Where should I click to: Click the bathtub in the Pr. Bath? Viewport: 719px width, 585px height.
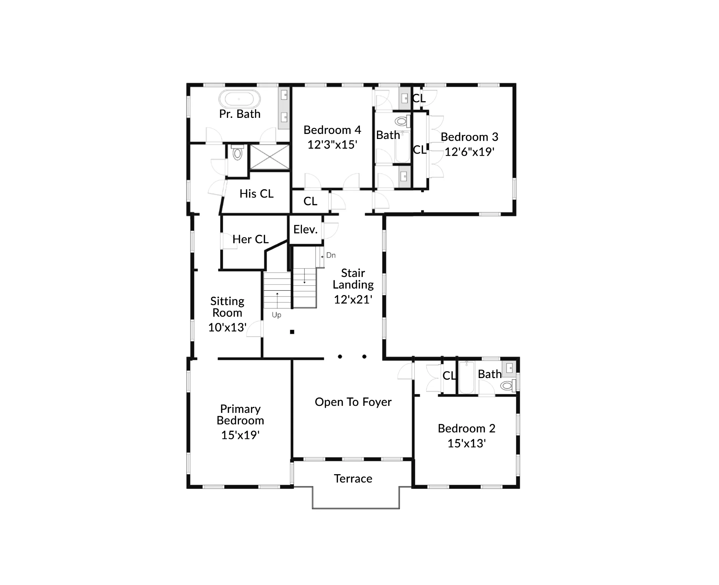coord(239,99)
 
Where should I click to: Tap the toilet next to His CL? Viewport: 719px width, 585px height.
coord(237,153)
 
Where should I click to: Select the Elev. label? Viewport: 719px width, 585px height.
coord(306,229)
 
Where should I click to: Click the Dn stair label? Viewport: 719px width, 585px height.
coord(331,255)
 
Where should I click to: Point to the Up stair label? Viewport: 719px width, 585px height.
coord(276,315)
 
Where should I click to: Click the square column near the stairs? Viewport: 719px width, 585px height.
coord(292,332)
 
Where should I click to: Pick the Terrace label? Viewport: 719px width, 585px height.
coord(353,479)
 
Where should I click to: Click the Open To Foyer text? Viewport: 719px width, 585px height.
coord(353,402)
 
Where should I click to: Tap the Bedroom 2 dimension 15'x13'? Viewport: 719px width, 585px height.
coord(466,443)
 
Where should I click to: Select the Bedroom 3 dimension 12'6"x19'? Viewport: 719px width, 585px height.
coord(469,152)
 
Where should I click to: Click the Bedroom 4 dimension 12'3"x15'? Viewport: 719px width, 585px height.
coord(332,145)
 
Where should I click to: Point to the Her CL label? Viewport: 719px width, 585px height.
coord(250,239)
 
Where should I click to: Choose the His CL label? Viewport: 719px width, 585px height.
coord(256,194)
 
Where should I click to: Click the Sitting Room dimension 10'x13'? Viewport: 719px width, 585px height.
coord(227,327)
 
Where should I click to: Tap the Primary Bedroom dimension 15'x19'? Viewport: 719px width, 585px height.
coord(240,435)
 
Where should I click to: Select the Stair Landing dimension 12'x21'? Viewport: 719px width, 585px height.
coord(353,299)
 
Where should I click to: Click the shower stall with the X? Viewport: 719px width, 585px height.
coord(269,157)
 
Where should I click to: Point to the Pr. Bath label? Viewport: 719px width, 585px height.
coord(240,114)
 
